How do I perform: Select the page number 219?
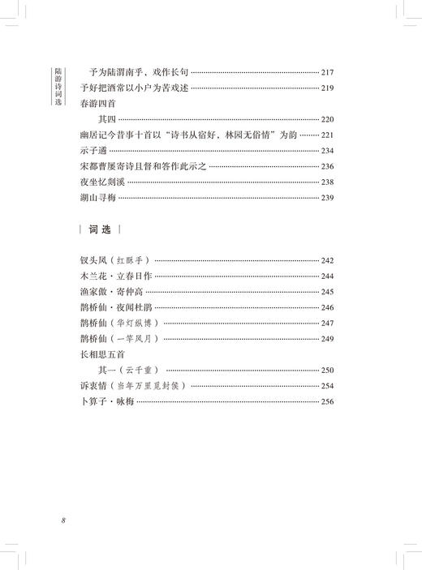tap(334, 87)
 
